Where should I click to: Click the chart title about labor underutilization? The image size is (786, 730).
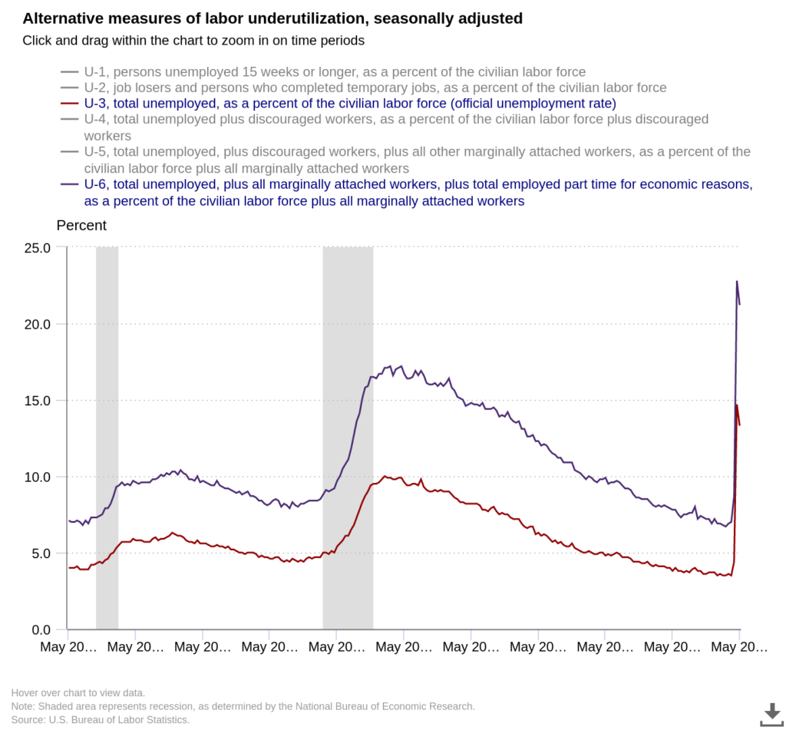point(272,18)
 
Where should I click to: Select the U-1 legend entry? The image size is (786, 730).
point(323,72)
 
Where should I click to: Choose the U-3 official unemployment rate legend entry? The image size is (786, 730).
point(339,103)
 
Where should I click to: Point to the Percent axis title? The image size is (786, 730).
point(81,226)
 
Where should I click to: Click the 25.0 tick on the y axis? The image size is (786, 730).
point(36,248)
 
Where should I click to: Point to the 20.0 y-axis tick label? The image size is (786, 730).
point(36,324)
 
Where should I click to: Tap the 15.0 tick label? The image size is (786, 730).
point(36,401)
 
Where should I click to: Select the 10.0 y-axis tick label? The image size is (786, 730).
point(36,477)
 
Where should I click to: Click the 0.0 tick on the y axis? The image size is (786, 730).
point(39,630)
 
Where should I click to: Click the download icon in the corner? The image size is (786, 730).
point(771,713)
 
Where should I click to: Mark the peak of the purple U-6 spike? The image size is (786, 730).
point(737,282)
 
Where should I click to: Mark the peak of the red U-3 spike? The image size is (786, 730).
point(737,405)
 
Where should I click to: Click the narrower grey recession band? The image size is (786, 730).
point(107,438)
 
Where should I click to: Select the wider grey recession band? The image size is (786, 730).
point(348,438)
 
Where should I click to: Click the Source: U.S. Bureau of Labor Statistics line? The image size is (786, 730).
point(101,719)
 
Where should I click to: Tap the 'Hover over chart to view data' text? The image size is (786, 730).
point(78,692)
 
